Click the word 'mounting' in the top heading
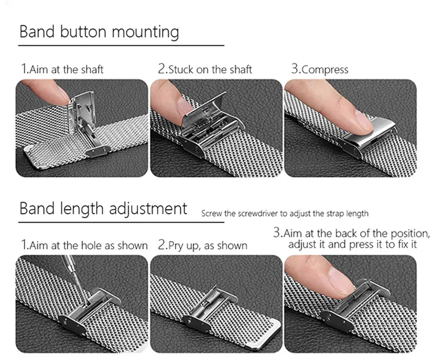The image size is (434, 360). (145, 32)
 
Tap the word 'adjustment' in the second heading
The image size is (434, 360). (148, 209)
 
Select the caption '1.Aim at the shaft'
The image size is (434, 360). (62, 69)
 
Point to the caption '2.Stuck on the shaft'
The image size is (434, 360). (205, 69)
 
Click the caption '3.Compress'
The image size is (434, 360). (320, 69)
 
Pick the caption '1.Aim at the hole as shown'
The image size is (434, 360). (85, 245)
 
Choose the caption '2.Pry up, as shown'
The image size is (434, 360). (202, 246)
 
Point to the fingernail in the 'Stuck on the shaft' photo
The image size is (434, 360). (183, 106)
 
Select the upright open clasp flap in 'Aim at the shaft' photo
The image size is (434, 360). (82, 110)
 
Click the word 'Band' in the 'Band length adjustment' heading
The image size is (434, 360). (37, 209)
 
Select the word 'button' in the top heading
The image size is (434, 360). (83, 32)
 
